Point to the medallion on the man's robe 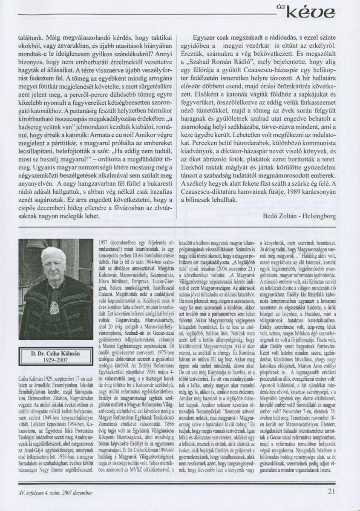click(55, 306)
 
